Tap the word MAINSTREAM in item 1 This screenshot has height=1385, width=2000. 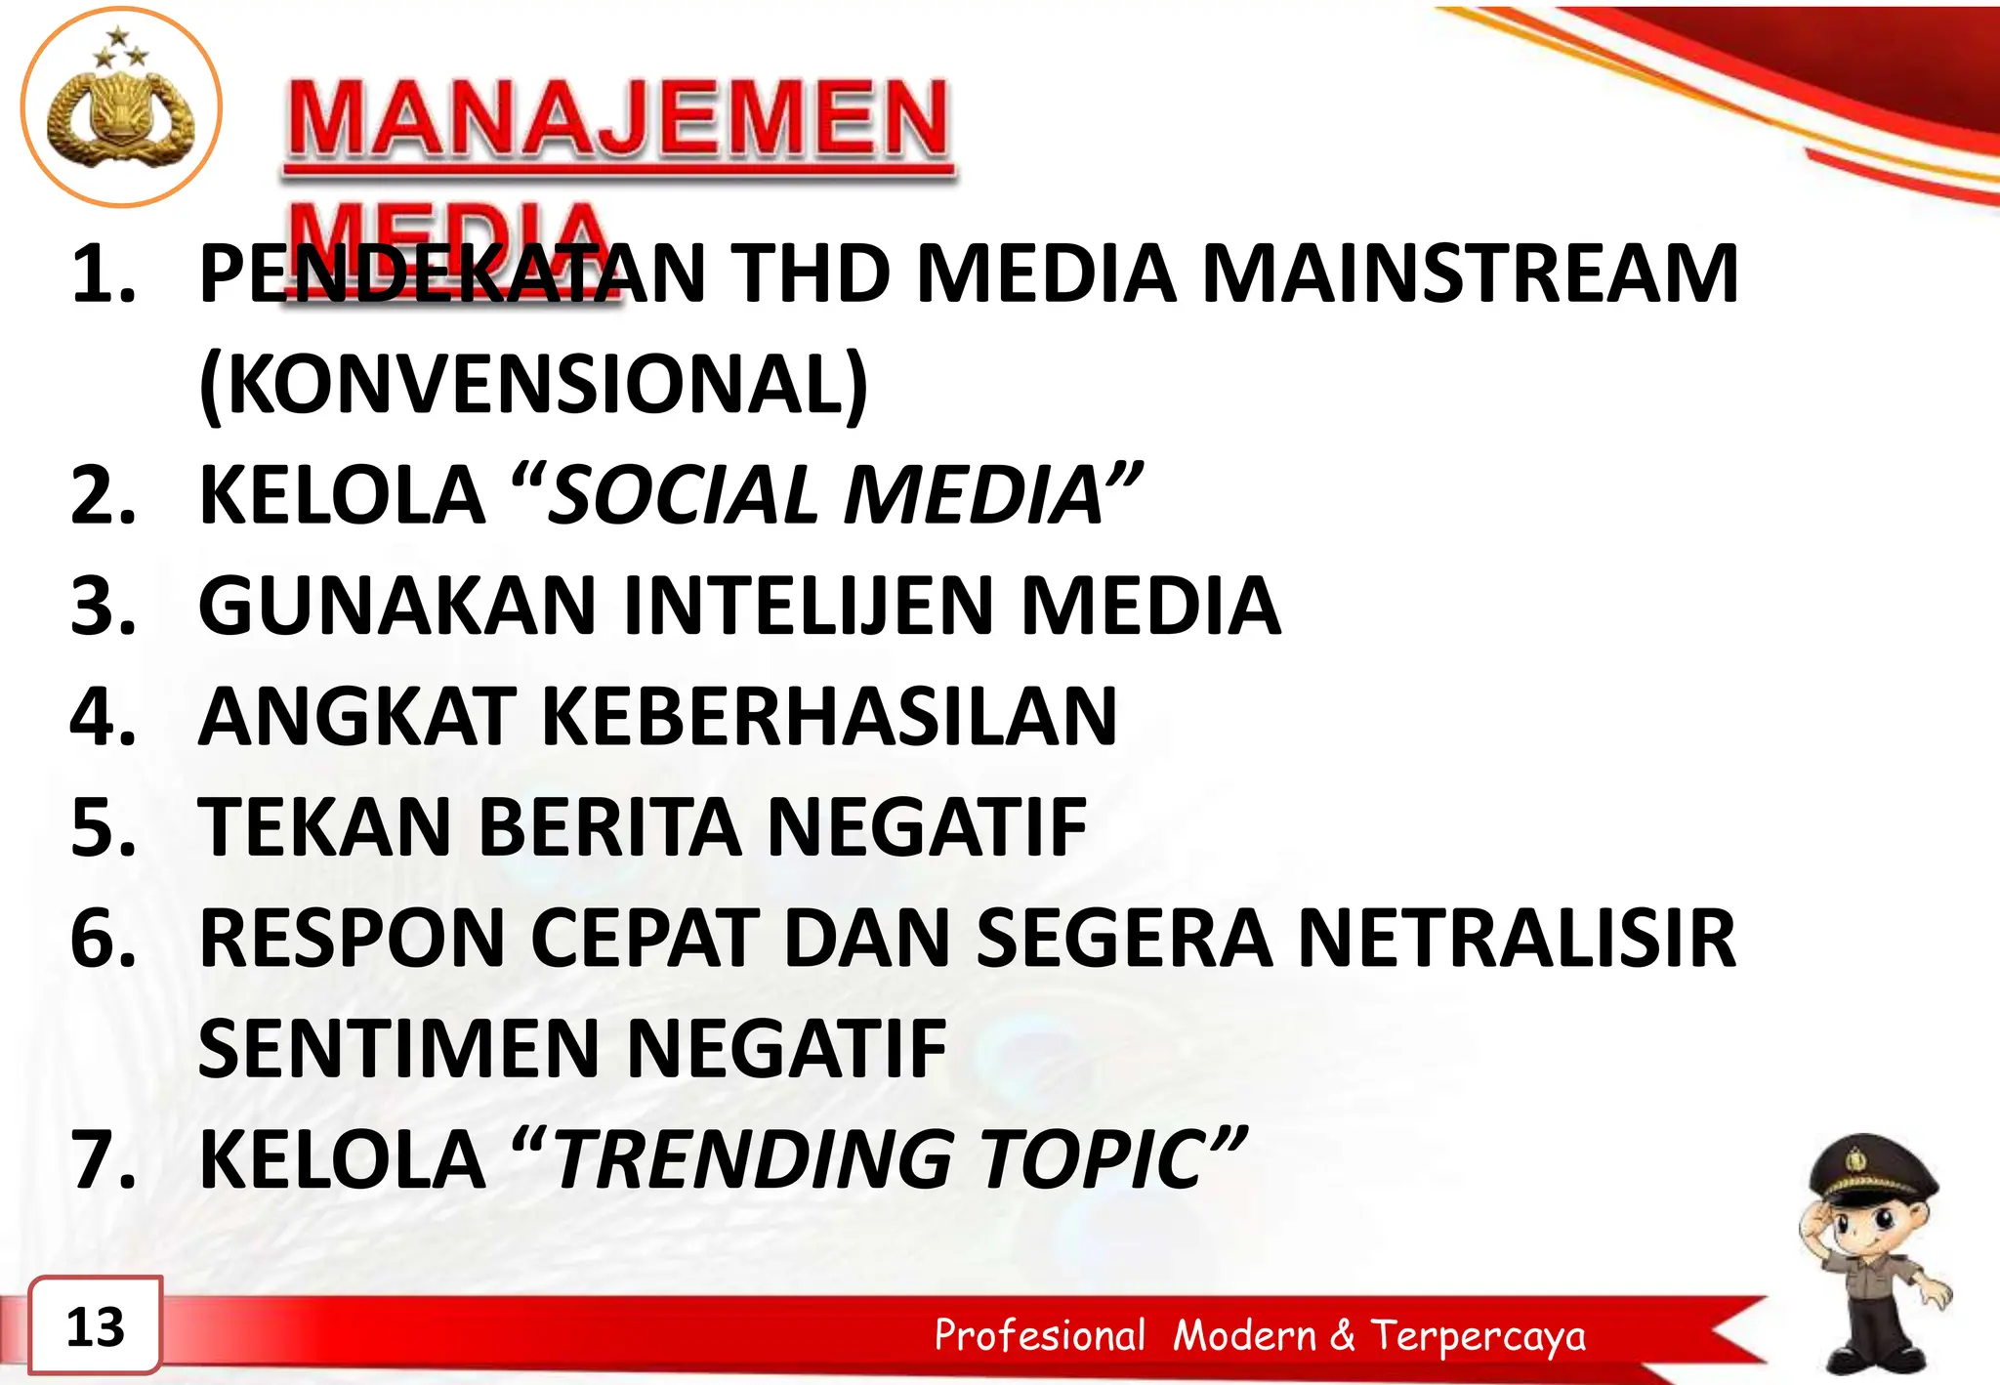(1470, 274)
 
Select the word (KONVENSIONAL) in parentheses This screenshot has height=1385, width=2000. (533, 384)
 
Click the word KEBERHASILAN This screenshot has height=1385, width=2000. (829, 717)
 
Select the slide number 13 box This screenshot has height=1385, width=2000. (96, 1326)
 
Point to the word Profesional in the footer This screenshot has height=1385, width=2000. (1039, 1335)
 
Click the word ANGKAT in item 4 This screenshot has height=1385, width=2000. (356, 717)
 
